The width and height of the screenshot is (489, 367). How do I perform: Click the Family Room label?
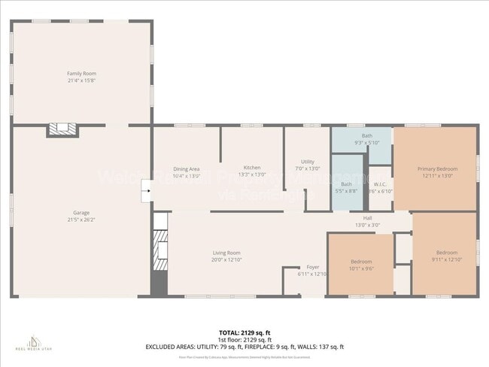tap(81, 73)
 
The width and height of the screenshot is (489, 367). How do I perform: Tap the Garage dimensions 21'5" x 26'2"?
tap(81, 220)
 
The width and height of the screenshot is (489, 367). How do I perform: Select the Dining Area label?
tap(186, 169)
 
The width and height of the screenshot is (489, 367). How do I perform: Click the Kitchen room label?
tap(251, 167)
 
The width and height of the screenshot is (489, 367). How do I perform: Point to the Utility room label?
tap(307, 162)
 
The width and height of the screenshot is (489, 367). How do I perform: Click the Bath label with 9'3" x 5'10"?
tap(366, 135)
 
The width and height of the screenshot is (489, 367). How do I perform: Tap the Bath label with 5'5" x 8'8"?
tap(346, 184)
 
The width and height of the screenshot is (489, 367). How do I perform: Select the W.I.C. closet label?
tap(381, 184)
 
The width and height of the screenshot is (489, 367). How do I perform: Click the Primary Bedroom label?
tap(437, 169)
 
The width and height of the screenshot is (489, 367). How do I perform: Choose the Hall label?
tap(368, 218)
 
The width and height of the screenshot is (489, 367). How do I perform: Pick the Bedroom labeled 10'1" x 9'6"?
tap(361, 262)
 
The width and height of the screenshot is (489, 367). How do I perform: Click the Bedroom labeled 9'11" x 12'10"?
tap(447, 253)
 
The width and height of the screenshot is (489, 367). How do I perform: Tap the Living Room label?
tap(226, 253)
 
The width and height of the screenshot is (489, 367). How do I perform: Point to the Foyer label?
tap(313, 267)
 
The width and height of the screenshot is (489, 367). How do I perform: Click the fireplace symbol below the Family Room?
tap(62, 130)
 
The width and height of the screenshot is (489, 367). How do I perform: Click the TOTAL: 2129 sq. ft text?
tap(244, 332)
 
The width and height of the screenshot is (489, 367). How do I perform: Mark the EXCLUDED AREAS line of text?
tap(244, 347)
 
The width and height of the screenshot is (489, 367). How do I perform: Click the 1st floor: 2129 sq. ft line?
tap(244, 339)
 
